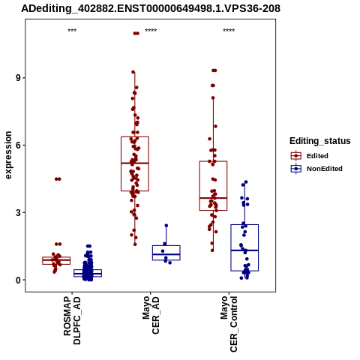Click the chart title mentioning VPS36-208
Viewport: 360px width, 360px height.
pos(151,8)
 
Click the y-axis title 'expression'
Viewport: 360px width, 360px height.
pos(8,155)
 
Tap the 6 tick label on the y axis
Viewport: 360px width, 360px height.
pos(18,145)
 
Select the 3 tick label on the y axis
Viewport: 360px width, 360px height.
pos(18,213)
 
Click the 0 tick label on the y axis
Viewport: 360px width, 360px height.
pos(18,280)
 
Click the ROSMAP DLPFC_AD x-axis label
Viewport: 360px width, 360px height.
pos(72,320)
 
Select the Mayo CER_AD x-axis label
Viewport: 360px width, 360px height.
pos(151,315)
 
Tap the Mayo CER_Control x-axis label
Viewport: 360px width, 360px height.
pos(229,324)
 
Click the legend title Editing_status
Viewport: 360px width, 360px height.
pos(320,141)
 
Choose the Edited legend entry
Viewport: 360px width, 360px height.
pos(309,156)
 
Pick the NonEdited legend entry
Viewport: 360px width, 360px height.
pos(316,169)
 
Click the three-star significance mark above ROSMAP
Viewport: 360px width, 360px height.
pos(72,31)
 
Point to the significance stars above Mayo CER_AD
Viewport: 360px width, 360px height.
pos(151,31)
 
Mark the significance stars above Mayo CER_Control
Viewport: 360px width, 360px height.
pos(229,31)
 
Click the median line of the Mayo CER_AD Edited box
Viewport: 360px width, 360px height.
pos(135,163)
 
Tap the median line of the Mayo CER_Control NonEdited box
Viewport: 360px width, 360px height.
pos(244,250)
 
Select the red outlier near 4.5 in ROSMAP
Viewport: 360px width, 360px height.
pos(58,179)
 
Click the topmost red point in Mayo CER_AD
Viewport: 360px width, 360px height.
pos(136,33)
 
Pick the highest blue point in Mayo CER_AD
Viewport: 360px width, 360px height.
pos(166,226)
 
